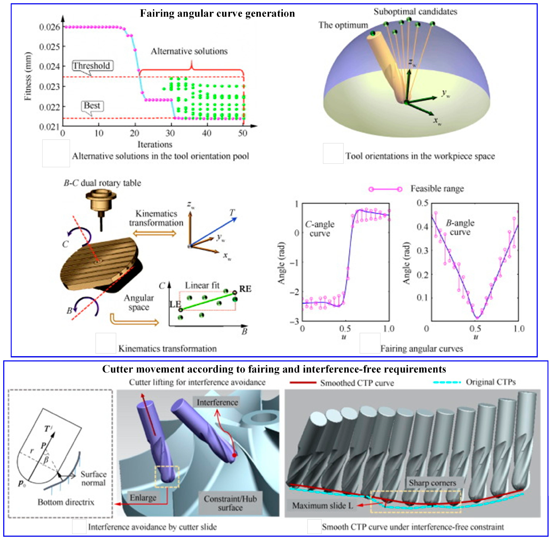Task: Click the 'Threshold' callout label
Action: (92, 66)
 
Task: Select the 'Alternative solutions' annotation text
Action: (189, 51)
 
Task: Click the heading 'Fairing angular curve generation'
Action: (217, 13)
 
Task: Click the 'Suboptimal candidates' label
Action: (415, 12)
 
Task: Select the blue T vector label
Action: (232, 212)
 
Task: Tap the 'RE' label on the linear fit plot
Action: (245, 289)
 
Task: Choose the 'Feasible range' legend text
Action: (437, 189)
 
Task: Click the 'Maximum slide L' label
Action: (323, 505)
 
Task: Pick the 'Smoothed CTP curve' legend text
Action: (357, 383)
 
